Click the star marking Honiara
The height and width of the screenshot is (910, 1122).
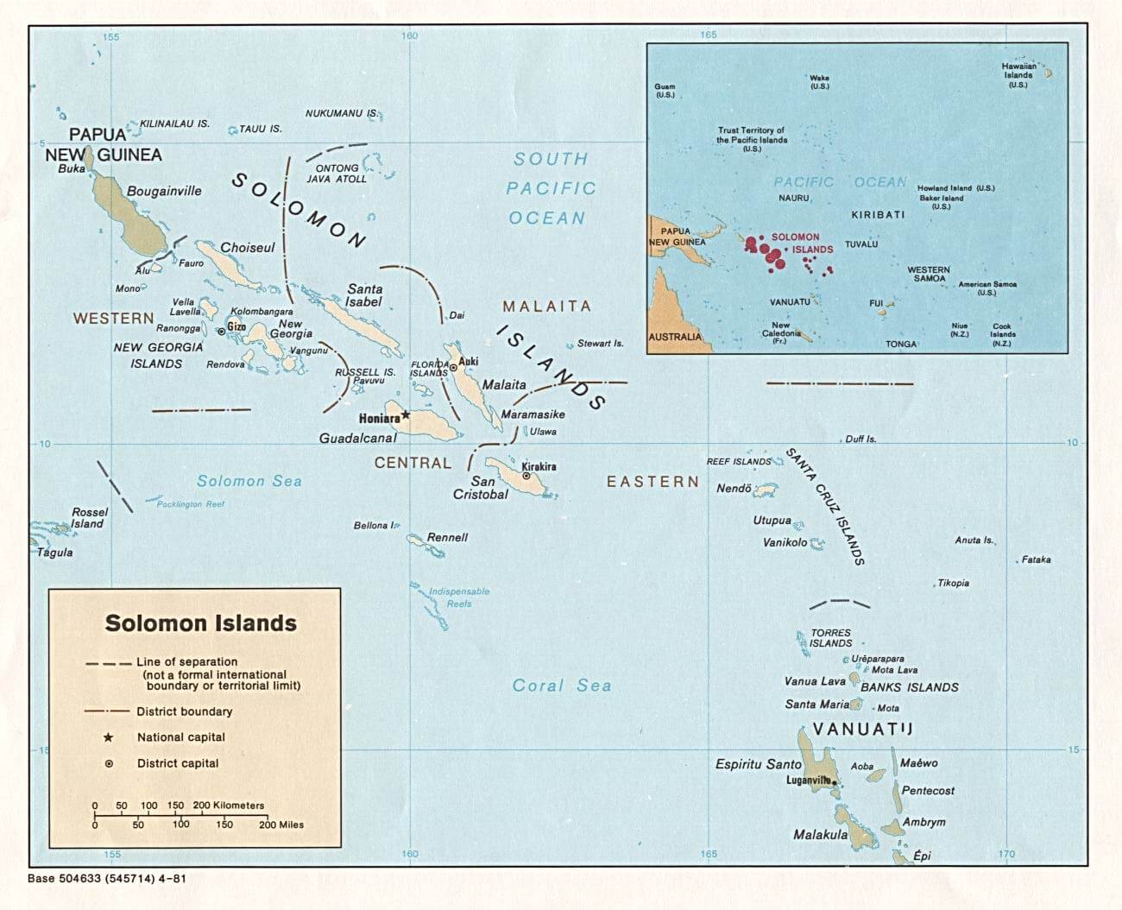(x=406, y=415)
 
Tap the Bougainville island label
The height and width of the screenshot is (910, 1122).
(x=164, y=191)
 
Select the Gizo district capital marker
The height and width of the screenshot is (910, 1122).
(x=221, y=331)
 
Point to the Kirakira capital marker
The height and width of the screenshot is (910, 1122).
(x=526, y=476)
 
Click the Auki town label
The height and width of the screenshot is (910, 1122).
(x=469, y=361)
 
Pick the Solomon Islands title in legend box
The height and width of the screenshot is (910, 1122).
(x=200, y=623)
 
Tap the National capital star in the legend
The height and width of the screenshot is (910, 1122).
(x=108, y=737)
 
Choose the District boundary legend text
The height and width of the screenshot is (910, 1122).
(x=184, y=711)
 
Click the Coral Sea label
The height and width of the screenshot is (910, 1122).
(x=561, y=686)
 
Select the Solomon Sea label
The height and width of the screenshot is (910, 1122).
(x=249, y=481)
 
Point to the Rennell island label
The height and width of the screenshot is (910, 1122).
(x=447, y=537)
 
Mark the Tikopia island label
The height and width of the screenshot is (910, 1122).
(x=953, y=583)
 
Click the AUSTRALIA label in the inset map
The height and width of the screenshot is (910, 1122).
(x=675, y=337)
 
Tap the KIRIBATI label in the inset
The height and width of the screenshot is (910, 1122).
(x=878, y=214)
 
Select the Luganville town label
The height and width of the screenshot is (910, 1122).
(x=808, y=780)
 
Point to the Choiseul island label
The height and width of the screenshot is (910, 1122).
(x=247, y=248)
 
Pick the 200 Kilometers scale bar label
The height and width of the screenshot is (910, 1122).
(x=229, y=805)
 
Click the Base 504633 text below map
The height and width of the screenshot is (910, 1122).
(x=107, y=879)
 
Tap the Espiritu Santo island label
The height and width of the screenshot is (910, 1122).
(x=758, y=764)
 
